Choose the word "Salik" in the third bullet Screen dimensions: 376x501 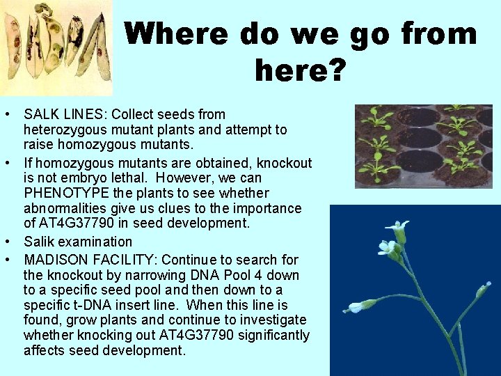coord(39,242)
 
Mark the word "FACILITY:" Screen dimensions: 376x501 coord(116,259)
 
